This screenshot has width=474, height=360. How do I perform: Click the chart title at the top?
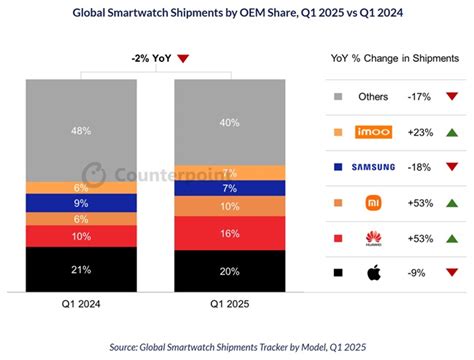point(236,13)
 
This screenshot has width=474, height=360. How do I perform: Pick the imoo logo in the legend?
point(374,132)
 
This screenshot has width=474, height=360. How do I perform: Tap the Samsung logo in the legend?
point(374,167)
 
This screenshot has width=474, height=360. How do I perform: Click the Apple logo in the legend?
point(373,271)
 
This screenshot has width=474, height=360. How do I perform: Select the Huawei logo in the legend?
point(373,237)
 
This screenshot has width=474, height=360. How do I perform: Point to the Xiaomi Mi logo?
point(373,202)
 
